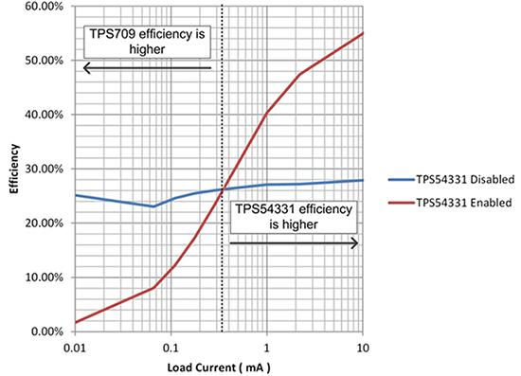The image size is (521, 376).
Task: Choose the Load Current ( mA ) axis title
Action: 218,365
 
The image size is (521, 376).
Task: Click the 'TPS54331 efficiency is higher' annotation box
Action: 294,219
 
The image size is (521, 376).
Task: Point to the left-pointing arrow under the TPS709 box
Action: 147,68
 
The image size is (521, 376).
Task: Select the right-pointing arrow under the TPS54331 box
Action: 294,243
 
